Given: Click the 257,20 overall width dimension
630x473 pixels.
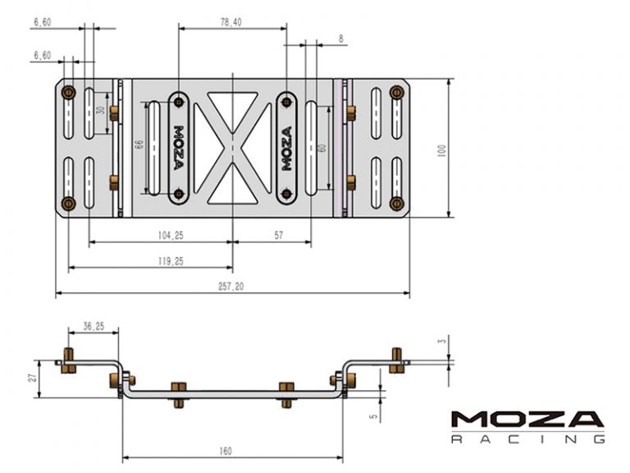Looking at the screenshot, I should tap(232, 286).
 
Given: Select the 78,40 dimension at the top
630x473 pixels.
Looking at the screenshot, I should tap(231, 22).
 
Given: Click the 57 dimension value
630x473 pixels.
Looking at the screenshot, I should tap(278, 235).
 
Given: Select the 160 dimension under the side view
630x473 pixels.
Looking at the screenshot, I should tap(226, 451).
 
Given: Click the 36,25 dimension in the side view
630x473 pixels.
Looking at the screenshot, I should tap(93, 326).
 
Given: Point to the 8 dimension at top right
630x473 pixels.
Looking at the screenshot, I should tap(340, 39).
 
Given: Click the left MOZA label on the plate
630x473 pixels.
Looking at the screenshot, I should tap(179, 148).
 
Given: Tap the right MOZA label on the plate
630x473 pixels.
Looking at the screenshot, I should tap(286, 148).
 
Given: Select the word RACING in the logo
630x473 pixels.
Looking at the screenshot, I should tap(527, 439).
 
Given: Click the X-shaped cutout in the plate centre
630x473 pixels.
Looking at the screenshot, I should tap(233, 148).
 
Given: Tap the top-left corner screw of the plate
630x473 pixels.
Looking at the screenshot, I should tap(68, 90).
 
